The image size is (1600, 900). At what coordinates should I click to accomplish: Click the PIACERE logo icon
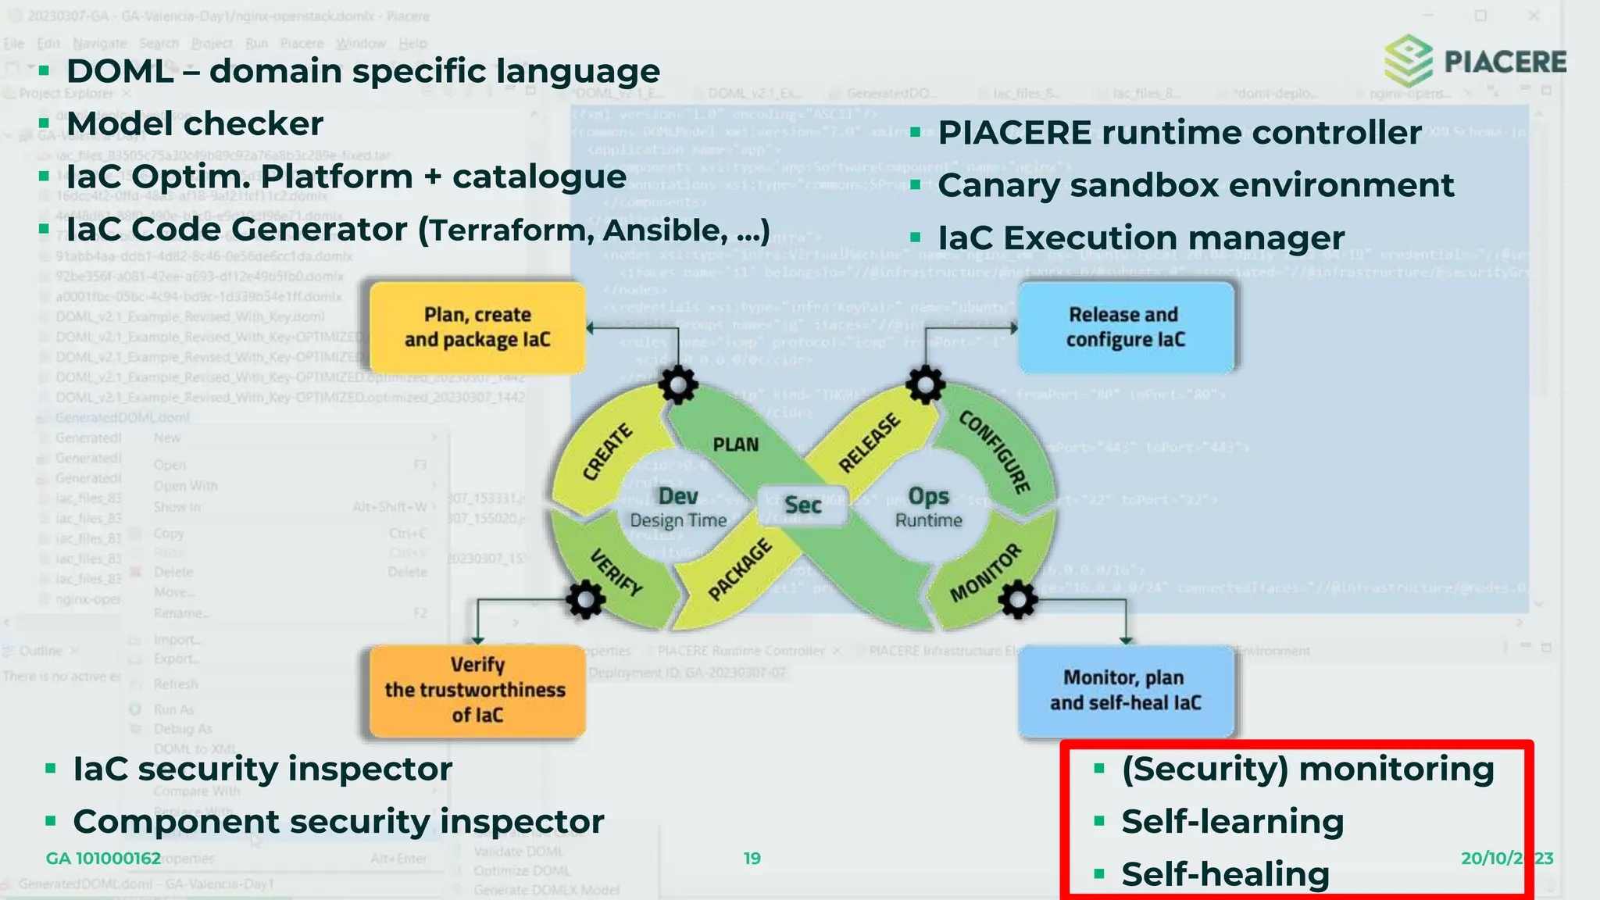click(x=1408, y=61)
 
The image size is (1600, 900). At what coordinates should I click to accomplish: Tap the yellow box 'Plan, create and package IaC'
click(x=477, y=327)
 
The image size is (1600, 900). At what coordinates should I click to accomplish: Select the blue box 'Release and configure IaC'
click(x=1125, y=327)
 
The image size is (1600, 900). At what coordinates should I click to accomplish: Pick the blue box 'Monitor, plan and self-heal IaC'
click(x=1125, y=691)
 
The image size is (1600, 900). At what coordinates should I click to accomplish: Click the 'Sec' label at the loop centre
click(x=802, y=505)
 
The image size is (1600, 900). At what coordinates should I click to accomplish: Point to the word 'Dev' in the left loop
click(x=678, y=496)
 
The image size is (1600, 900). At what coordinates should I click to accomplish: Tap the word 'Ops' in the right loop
click(x=928, y=496)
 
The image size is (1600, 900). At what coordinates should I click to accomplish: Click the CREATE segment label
click(x=608, y=452)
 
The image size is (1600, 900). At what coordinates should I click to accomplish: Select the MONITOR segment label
click(x=985, y=573)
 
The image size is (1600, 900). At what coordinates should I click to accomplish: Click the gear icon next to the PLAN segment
click(x=677, y=384)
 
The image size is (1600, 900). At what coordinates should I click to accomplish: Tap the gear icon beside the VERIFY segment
click(x=585, y=600)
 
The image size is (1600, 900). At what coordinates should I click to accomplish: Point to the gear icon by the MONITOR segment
click(x=1018, y=600)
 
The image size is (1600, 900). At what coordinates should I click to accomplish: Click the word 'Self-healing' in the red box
click(x=1225, y=874)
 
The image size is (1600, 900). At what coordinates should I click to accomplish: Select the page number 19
click(x=752, y=859)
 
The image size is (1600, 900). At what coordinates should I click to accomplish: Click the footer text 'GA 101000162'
click(x=103, y=859)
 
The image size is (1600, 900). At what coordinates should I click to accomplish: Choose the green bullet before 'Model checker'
click(x=45, y=123)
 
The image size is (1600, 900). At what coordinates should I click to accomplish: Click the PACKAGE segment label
click(x=739, y=570)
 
